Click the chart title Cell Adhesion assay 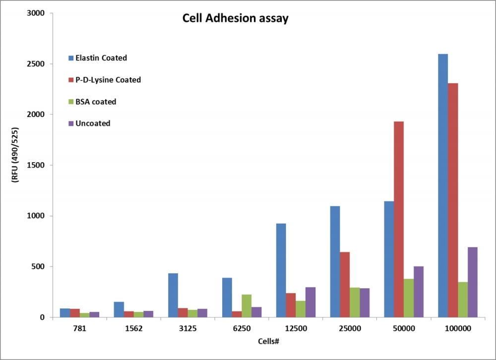point(236,19)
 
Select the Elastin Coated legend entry point(97,58)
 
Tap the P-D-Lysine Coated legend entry point(104,80)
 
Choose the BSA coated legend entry point(92,102)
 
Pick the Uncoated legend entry point(89,123)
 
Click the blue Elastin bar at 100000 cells point(443,185)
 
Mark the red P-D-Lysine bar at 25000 point(345,285)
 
